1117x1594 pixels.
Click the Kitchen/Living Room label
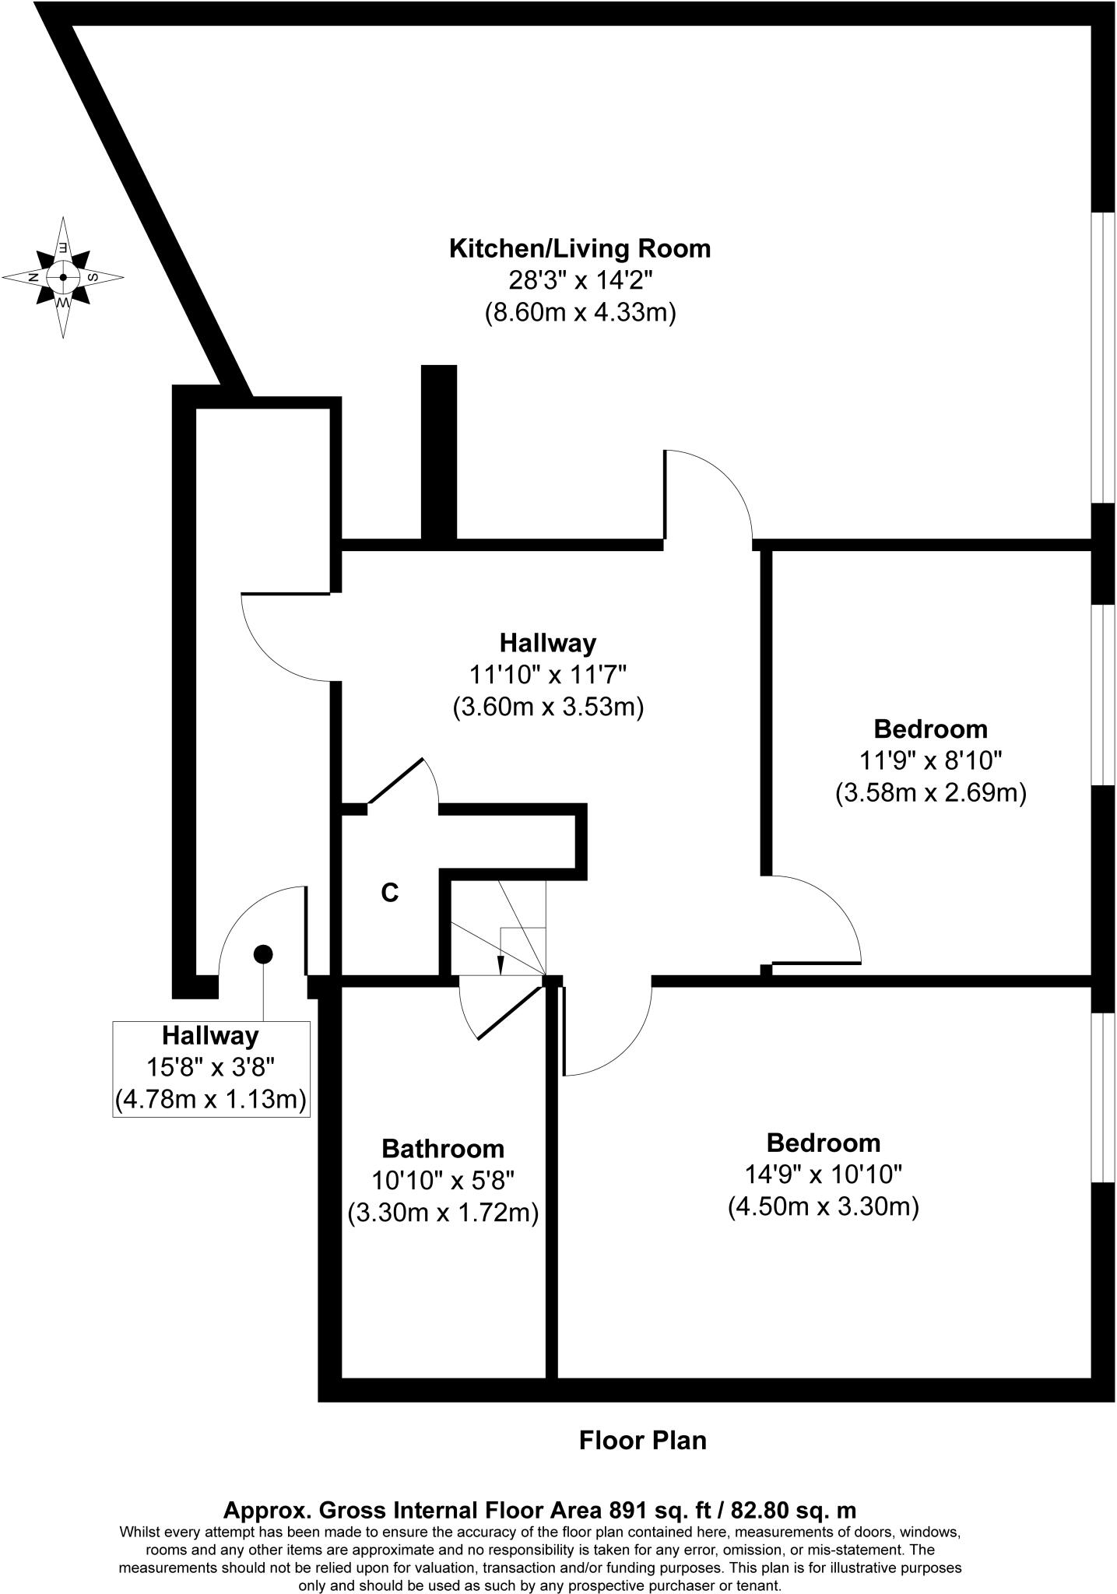pos(580,249)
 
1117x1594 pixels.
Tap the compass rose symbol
pos(63,277)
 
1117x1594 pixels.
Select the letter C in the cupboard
pos(390,893)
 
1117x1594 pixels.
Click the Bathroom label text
pos(442,1149)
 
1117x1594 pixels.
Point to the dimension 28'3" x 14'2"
pos(580,281)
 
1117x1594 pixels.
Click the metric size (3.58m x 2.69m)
pos(930,793)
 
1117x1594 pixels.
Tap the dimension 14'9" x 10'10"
pos(824,1174)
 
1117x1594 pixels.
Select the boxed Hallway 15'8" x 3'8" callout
pos(211,1069)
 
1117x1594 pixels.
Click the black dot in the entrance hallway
pos(263,953)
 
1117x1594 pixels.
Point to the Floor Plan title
pos(642,1440)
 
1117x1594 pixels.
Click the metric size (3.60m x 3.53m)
pos(547,707)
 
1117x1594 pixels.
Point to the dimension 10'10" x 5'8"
pos(442,1181)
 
